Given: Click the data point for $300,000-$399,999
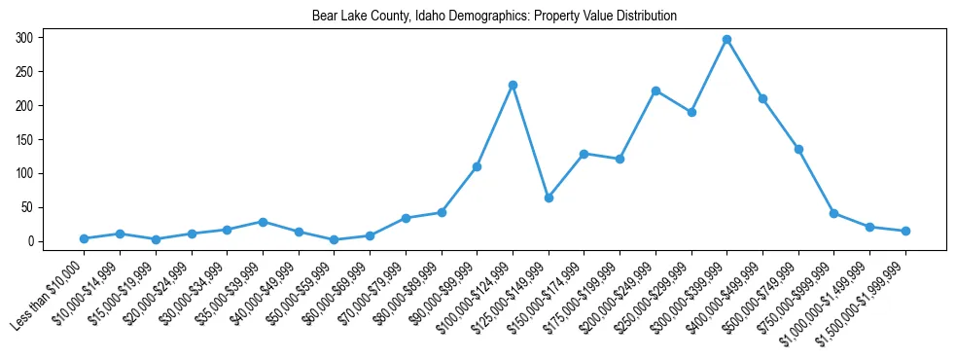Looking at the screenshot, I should point(726,40).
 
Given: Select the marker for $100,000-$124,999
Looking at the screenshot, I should point(513,86).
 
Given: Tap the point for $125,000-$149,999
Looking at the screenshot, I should point(549,198).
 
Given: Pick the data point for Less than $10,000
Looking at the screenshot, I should point(85,238).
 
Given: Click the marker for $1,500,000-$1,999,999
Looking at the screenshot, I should point(905,231).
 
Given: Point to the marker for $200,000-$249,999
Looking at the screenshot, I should point(655,90).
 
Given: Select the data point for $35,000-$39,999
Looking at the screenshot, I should point(263,222).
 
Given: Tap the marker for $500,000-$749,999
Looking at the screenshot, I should point(798,149).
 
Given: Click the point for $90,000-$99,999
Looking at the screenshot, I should point(477,166).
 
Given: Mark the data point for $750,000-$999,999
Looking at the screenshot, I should point(833,213).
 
